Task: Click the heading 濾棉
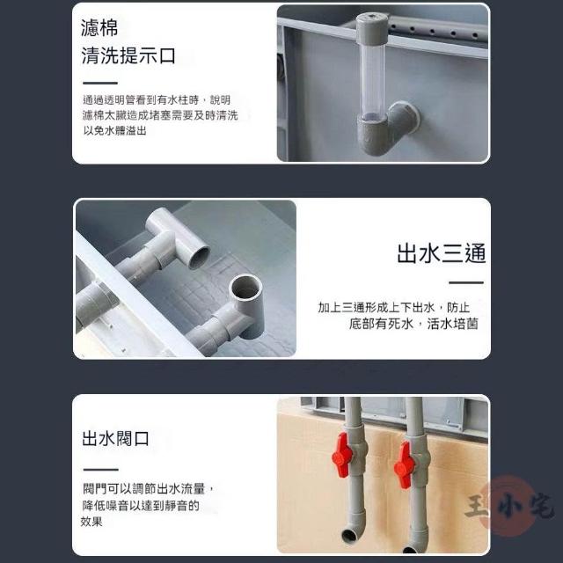click(x=99, y=28)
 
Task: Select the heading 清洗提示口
click(x=128, y=55)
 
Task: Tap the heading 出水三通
click(x=442, y=253)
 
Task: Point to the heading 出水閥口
click(x=115, y=438)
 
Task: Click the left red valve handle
click(x=340, y=455)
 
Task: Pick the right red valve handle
click(x=403, y=465)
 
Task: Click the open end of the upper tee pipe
click(x=199, y=257)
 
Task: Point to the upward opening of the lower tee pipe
click(x=245, y=287)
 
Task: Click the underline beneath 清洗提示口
click(x=100, y=83)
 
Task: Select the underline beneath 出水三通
click(x=466, y=282)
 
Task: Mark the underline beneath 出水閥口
click(x=100, y=469)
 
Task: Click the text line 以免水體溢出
click(x=114, y=131)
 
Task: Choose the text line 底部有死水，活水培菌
click(x=413, y=324)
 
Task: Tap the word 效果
click(x=91, y=522)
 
